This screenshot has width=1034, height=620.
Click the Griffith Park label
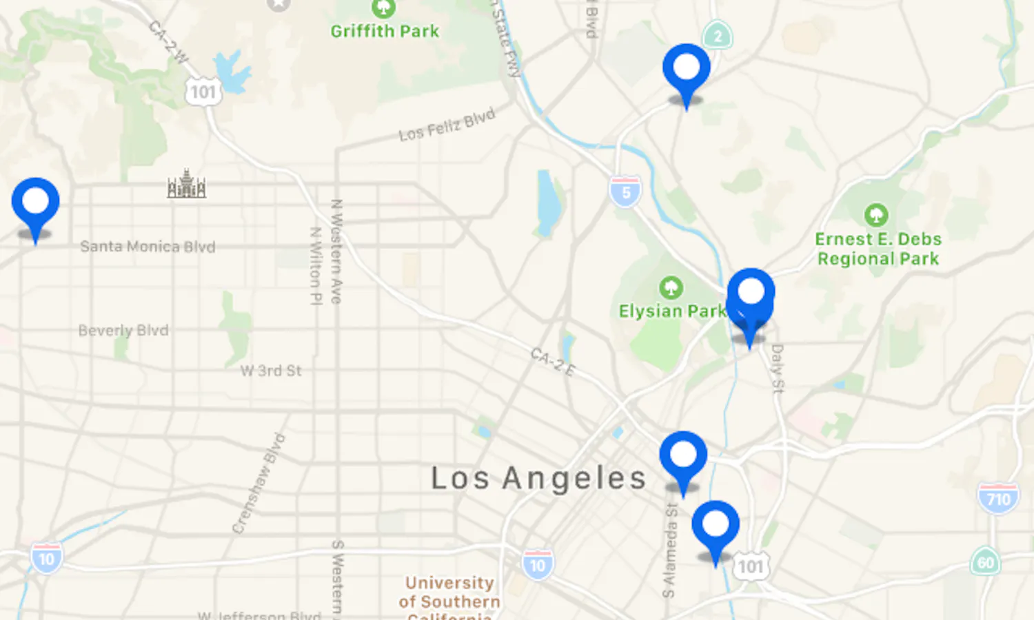[x=385, y=31]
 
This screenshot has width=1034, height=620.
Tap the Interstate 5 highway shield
[x=625, y=192]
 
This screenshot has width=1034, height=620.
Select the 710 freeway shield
[x=998, y=498]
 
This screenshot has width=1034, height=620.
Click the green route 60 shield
[x=986, y=562]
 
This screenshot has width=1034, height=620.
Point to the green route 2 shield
[x=718, y=36]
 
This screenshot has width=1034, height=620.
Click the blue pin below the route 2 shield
[x=686, y=69]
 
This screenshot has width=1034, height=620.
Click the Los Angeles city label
[x=538, y=478]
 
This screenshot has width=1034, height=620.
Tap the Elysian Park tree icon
[x=671, y=287]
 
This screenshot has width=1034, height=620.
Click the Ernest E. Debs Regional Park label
[x=878, y=249]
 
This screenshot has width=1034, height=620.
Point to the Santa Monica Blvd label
[x=148, y=247]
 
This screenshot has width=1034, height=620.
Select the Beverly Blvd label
[x=123, y=331]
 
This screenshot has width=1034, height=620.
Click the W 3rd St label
[x=271, y=371]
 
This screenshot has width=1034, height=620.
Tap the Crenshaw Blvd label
[x=258, y=483]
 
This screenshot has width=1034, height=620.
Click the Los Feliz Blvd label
[x=447, y=125]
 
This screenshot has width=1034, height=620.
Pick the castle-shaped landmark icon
[x=187, y=185]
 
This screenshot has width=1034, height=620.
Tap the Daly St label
[x=778, y=369]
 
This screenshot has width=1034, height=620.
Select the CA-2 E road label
[x=552, y=362]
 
